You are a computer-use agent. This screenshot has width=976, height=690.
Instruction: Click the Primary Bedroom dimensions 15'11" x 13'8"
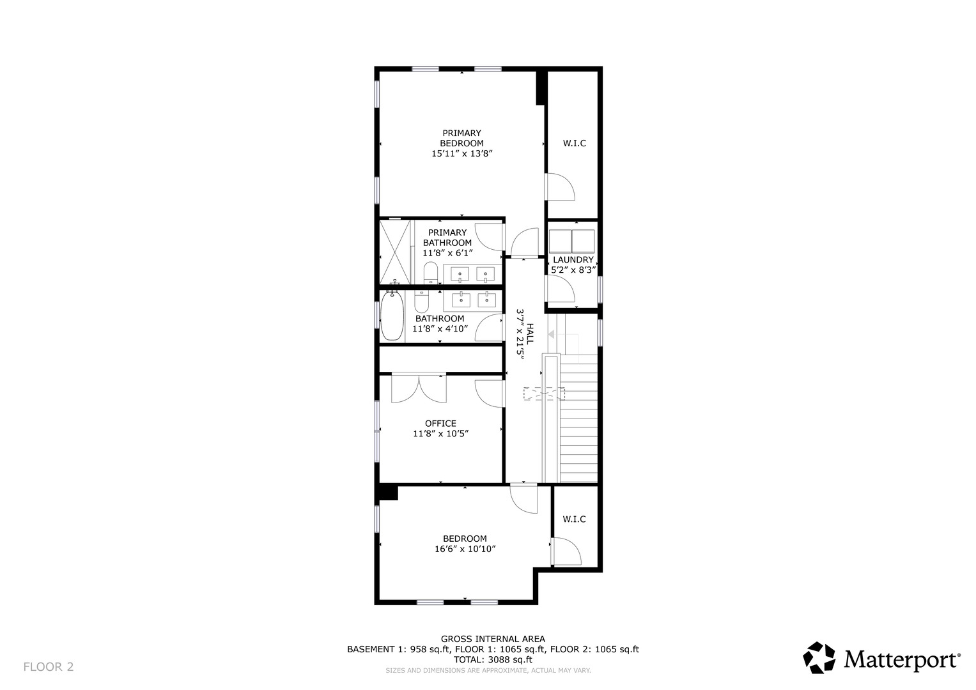pos(462,153)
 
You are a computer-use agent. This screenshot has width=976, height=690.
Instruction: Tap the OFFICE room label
pos(440,424)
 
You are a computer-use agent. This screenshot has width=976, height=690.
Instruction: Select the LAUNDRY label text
pos(573,259)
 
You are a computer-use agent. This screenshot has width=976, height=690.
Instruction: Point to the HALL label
pos(530,333)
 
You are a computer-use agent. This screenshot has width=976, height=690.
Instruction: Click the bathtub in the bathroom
pos(392,316)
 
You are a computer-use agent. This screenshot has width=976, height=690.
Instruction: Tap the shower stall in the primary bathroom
pos(395,252)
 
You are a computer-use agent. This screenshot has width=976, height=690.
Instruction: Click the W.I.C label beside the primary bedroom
pos(574,143)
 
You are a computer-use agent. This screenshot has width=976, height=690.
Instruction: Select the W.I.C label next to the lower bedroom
pos(574,519)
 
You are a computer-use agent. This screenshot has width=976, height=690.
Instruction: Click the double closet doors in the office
pos(419,388)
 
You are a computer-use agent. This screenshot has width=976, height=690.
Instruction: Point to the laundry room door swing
pos(561,289)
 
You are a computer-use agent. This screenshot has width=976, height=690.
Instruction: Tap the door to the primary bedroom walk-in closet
pos(561,187)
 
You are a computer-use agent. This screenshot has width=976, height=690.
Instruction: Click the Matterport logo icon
pos(819,657)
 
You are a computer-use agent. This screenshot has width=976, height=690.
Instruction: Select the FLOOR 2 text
pos(49,666)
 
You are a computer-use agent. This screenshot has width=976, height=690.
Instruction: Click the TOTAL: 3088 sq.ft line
pos(493,659)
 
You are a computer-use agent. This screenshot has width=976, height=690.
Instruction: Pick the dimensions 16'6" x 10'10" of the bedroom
pos(465,549)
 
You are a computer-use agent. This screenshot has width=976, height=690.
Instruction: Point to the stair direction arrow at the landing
pos(551,334)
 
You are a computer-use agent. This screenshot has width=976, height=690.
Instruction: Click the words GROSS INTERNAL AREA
pos(493,639)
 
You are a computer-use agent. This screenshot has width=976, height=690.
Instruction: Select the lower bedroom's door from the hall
pos(524,500)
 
